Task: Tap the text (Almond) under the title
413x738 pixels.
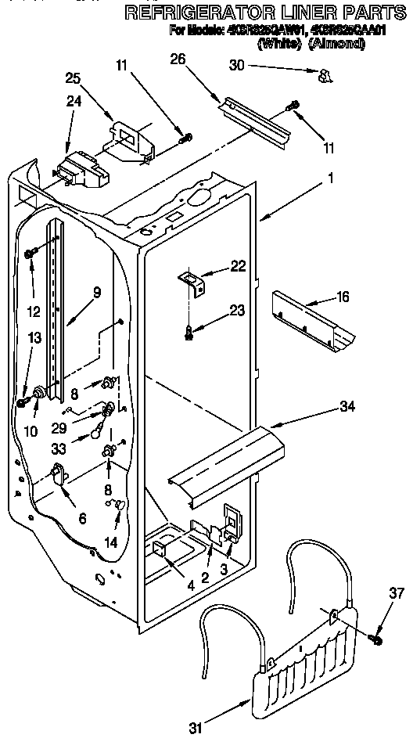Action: pyautogui.click(x=336, y=44)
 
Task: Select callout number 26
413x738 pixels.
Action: pyautogui.click(x=179, y=58)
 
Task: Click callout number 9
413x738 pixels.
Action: pyautogui.click(x=96, y=293)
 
